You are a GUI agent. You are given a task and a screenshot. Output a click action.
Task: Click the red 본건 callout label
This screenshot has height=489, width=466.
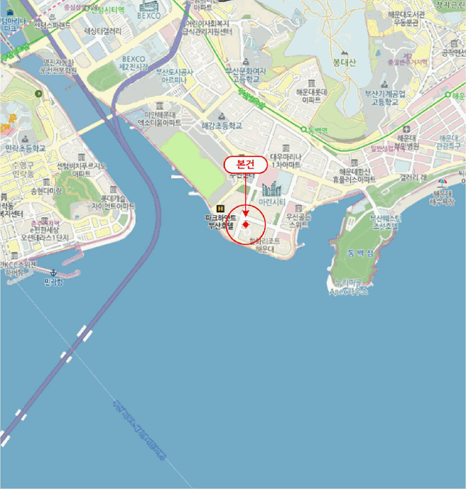[245, 164]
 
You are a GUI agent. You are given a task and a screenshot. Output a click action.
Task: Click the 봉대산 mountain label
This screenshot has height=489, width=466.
[344, 61]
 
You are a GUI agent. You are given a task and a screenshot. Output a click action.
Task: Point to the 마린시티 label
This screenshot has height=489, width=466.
[272, 202]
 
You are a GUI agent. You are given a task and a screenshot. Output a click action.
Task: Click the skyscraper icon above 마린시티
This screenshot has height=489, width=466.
[271, 187]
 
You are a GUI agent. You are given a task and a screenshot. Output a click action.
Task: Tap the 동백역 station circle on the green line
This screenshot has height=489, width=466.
[305, 129]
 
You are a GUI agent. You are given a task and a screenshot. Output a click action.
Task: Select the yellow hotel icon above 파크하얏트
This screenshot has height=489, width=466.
[221, 208]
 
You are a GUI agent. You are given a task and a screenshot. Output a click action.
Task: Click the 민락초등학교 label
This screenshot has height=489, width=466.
[25, 149]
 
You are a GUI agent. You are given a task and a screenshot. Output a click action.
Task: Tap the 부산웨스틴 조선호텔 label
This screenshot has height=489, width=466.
[384, 222]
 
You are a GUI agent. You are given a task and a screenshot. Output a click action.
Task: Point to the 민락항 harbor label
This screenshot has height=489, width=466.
[53, 282]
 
